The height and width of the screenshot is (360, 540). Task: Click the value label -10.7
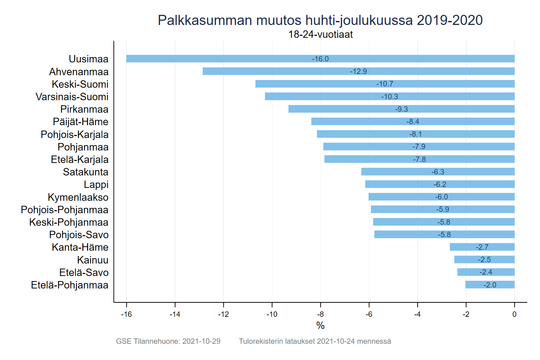pos(385,84)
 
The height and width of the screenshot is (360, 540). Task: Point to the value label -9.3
pos(401,109)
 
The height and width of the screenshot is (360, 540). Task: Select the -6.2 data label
pos(440,184)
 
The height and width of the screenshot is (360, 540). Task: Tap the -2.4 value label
pos(486,272)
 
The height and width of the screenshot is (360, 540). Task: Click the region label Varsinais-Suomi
pos(72,97)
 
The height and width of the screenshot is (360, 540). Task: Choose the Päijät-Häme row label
pos(80,122)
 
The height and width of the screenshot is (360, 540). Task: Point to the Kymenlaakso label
pos(78,197)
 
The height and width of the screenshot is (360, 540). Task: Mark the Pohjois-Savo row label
pos(79,235)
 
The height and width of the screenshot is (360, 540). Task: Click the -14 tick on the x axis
pos(175,314)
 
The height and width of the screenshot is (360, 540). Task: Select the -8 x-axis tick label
pos(320,314)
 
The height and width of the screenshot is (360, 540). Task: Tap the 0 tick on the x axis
pos(514,314)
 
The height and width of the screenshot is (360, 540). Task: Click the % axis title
pos(320,326)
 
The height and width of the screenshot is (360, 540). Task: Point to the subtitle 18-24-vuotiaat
pos(320,34)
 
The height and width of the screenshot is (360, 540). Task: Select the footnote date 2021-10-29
pos(201,341)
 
